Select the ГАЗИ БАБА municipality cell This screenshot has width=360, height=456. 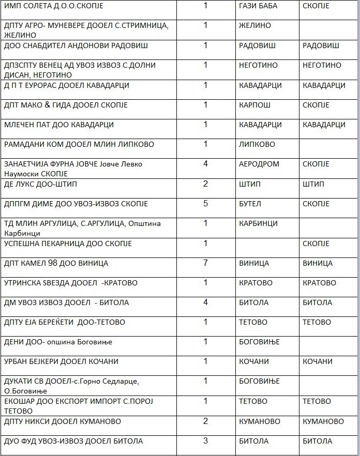[x=258, y=6]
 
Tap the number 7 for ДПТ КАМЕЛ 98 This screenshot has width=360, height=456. [x=205, y=263]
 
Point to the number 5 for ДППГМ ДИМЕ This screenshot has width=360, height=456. [x=205, y=204]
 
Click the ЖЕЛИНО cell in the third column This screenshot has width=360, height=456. [x=255, y=25]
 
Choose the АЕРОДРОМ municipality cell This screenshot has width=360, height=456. [x=259, y=164]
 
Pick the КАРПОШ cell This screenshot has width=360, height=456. [x=256, y=105]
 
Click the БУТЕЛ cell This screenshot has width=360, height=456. [x=251, y=204]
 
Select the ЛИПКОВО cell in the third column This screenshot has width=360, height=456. [x=257, y=144]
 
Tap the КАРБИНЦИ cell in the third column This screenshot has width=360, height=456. [x=259, y=223]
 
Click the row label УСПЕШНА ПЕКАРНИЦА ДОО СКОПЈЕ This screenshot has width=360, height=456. [x=68, y=244]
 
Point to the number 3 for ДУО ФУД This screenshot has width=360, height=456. [x=205, y=441]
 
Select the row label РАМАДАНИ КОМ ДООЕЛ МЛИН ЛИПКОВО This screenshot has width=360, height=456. [x=79, y=144]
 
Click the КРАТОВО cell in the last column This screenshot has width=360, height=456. [x=319, y=283]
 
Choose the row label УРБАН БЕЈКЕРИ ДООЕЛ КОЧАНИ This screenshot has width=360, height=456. [x=61, y=361]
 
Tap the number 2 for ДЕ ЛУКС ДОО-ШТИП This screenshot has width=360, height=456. [x=205, y=184]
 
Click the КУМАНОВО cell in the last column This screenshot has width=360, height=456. [x=323, y=421]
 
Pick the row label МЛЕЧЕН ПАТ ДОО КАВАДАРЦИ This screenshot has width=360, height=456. [x=59, y=125]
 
